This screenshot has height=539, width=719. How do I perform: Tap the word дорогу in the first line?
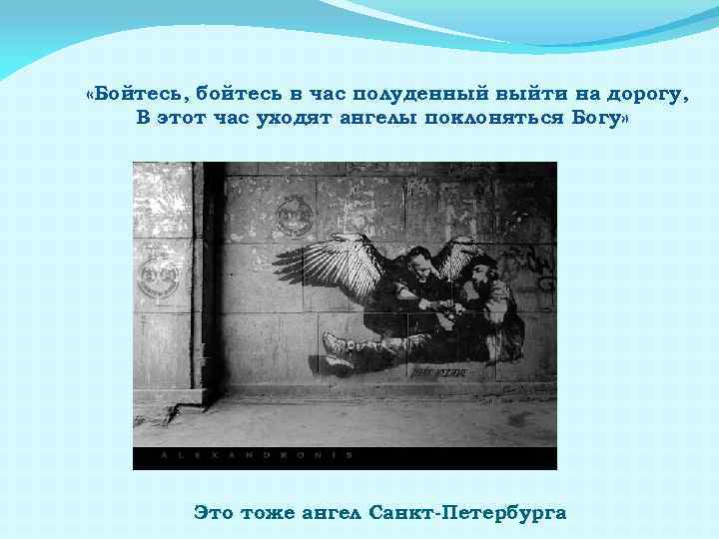(x=651, y=94)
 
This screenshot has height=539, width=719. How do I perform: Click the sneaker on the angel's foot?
(x=337, y=348)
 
